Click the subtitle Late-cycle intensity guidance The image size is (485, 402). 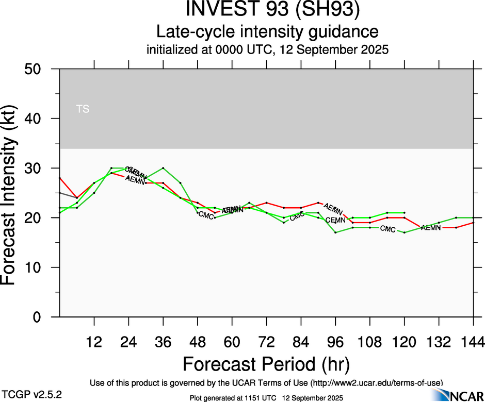pos(267,31)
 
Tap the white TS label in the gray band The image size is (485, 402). pos(83,109)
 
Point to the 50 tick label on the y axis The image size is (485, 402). pos(36,69)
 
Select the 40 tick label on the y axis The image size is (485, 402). pos(36,119)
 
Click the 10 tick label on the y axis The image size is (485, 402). pos(36,267)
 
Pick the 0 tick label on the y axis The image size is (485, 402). pos(40,317)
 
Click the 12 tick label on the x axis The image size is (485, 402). pos(94,341)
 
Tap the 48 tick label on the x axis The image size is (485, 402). pos(197,341)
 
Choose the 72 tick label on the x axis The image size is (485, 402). pos(266,341)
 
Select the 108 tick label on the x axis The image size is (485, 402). pos(369,341)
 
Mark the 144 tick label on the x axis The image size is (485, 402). pos(473,341)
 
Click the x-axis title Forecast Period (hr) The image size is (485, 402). pos(266,364)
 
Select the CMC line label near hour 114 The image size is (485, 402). pos(387,229)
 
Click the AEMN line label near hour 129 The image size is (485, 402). pos(430,228)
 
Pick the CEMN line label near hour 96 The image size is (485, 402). pos(335,220)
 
